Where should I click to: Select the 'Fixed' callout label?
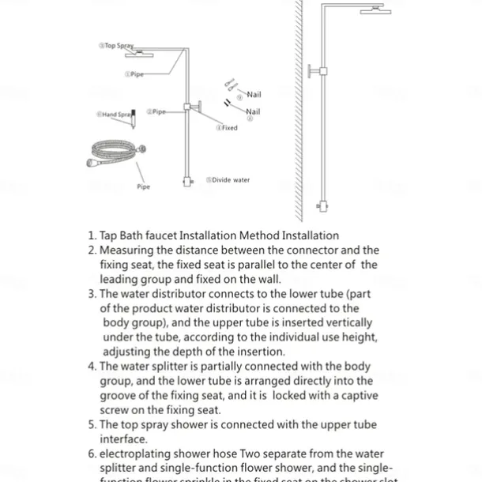pos(227,127)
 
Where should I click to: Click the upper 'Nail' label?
pos(253,95)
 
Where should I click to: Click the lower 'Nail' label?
pos(253,112)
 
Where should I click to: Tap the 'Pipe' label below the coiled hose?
pos(143,187)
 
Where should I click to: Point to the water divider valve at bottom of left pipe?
pos(188,181)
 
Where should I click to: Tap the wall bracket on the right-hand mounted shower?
pos(318,71)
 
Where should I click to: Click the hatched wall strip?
pos(299,111)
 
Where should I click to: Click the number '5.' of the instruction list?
pos(92,425)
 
